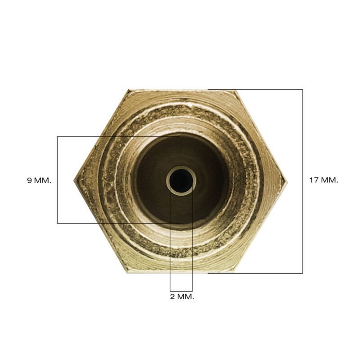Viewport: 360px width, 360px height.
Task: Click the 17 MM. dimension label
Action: (324, 180)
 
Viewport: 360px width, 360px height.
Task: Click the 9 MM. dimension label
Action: (39, 180)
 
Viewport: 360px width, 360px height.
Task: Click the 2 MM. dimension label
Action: (182, 297)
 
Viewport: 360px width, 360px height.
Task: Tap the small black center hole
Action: (181, 180)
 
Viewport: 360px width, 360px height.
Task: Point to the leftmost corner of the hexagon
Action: (74, 180)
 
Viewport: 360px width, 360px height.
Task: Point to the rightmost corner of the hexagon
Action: (287, 181)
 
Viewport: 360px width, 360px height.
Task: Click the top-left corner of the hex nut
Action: (129, 90)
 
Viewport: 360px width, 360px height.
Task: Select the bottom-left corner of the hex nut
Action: (127, 273)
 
